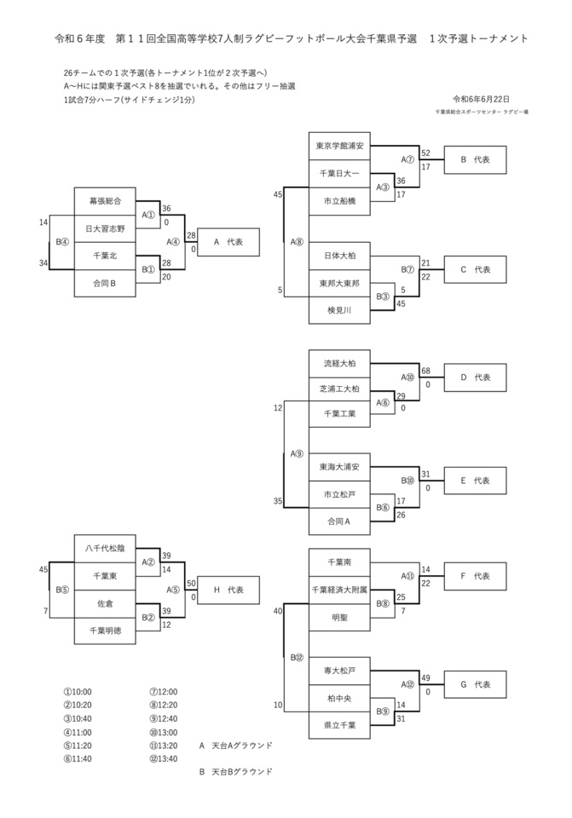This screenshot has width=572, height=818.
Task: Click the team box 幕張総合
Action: [x=105, y=201]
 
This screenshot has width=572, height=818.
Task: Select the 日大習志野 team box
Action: [x=105, y=228]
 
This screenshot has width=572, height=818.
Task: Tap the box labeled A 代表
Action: [x=228, y=242]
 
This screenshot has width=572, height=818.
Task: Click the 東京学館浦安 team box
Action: [x=339, y=146]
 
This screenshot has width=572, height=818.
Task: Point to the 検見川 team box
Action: [x=339, y=310]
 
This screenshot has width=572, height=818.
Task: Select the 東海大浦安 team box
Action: [x=339, y=467]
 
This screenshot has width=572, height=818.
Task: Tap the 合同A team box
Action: [x=339, y=520]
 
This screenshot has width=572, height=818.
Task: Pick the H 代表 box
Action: [x=228, y=590]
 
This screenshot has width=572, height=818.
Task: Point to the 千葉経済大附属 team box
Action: [x=339, y=589]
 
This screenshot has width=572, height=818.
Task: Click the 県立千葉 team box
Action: [x=339, y=725]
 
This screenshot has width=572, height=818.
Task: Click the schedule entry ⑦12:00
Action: [x=163, y=692]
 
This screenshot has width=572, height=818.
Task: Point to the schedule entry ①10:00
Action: [x=78, y=692]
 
